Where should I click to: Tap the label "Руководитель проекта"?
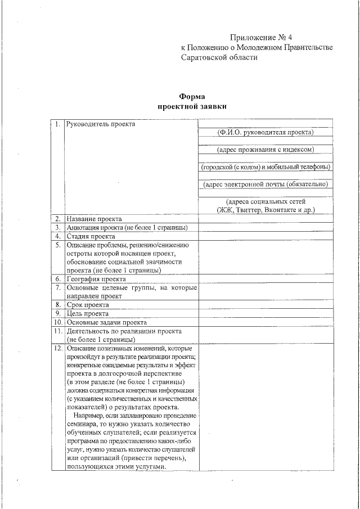(x=101, y=124)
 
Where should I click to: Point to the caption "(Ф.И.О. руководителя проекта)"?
(x=265, y=132)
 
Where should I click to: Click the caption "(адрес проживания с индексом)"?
(x=265, y=150)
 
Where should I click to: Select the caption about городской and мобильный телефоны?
(x=265, y=167)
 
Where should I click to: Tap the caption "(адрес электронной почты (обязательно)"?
(x=265, y=184)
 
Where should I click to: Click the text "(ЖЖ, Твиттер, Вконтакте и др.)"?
(x=265, y=210)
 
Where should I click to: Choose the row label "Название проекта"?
(x=93, y=219)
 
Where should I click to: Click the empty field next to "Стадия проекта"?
(x=265, y=237)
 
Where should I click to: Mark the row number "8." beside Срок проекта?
(x=57, y=305)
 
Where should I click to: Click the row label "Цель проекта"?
(x=88, y=314)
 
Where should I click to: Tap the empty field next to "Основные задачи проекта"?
(x=265, y=323)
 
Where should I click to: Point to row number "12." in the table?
(x=57, y=349)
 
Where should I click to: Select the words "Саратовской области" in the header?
(x=219, y=58)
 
